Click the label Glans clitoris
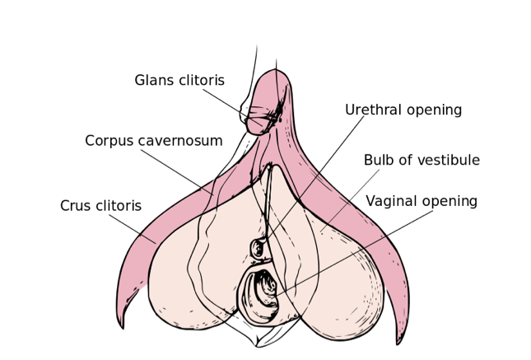point(191,81)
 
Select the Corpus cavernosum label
point(153,141)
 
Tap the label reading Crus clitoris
point(100,206)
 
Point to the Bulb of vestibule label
point(422,161)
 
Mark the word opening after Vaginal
point(449,202)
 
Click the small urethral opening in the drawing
point(259,248)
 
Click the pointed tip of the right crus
point(399,339)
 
